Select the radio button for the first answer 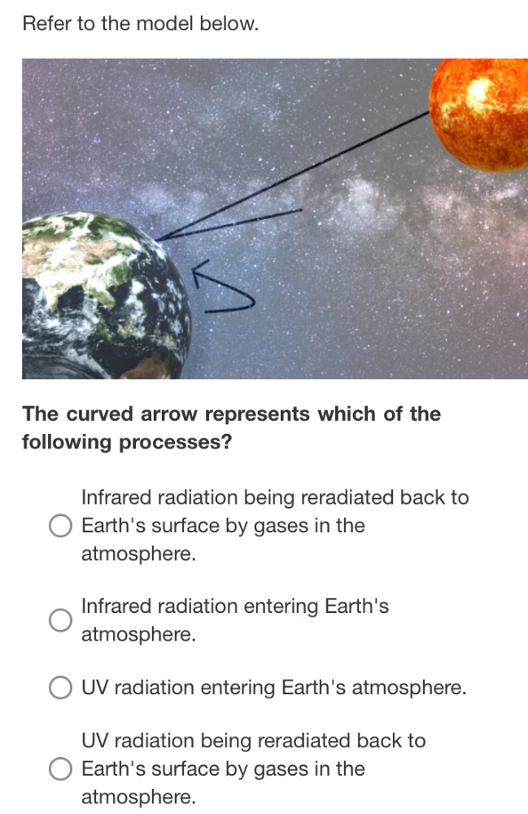[x=60, y=527]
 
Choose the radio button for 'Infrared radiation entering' [x=60, y=620]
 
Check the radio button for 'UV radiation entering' [x=60, y=689]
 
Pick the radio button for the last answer [x=60, y=769]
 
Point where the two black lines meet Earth [x=158, y=239]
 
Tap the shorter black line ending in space [x=244, y=221]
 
